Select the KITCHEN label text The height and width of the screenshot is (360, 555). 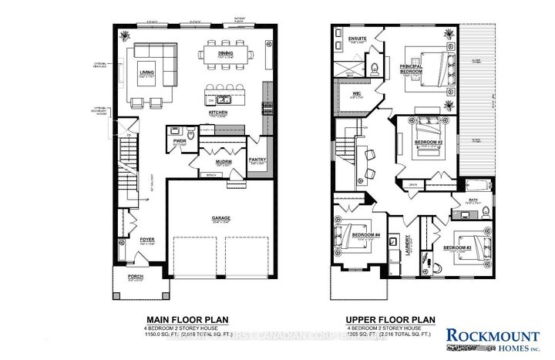tap(219, 113)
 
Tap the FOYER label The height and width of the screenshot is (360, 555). tap(146, 240)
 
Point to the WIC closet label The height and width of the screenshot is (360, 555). tap(357, 94)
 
